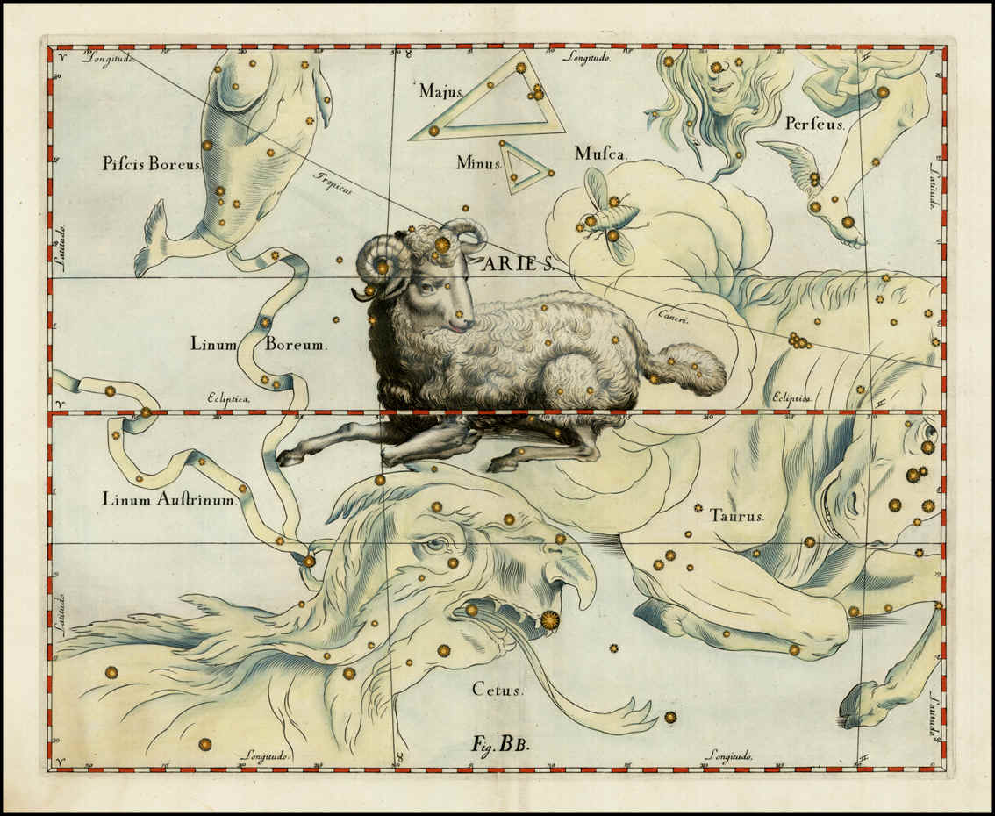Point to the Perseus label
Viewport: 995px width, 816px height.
(814, 125)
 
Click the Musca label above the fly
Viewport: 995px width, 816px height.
(600, 154)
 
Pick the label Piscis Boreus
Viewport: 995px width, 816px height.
(152, 164)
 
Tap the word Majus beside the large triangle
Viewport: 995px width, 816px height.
(440, 90)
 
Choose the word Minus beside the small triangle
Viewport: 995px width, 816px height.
(478, 162)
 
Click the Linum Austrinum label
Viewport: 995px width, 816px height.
(169, 500)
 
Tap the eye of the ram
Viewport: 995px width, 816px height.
(426, 287)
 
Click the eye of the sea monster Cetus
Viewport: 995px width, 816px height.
(435, 545)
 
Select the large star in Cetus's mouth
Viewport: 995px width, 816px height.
(549, 620)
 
